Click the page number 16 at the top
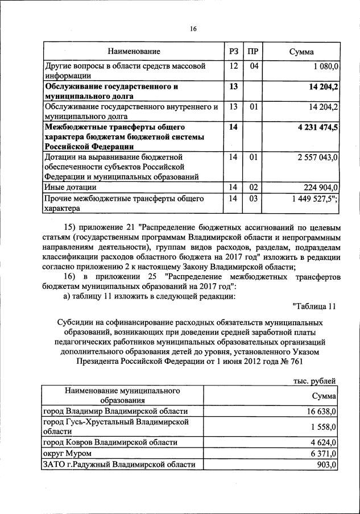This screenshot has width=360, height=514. point(193,29)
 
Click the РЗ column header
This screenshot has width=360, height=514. point(233,52)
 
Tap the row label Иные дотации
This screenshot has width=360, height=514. point(70,187)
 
